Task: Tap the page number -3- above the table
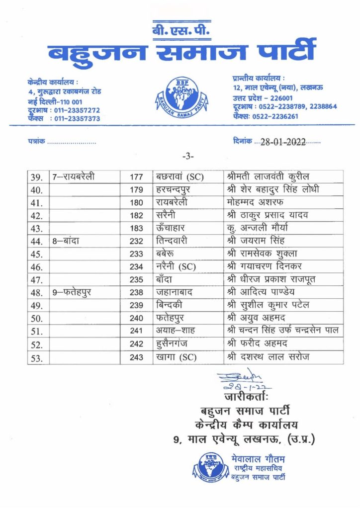pos(188,157)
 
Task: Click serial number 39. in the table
pos(37,177)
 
